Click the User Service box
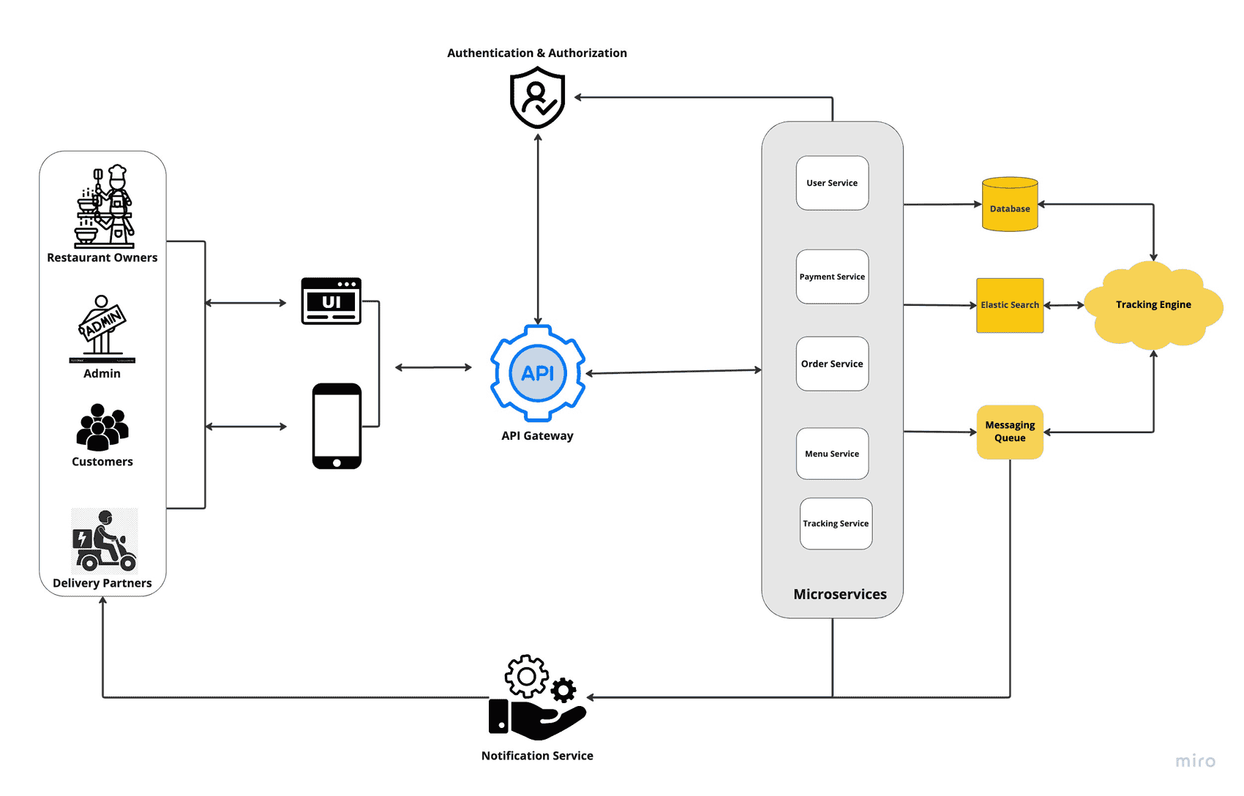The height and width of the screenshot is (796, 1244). coord(832,183)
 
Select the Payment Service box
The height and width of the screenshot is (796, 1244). coord(832,277)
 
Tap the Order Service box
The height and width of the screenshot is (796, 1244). coord(832,364)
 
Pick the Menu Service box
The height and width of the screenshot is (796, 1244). coord(832,454)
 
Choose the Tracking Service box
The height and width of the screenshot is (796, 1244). coord(836,523)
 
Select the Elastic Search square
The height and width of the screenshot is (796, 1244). coord(1010,305)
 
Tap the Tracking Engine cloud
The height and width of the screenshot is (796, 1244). coord(1153,304)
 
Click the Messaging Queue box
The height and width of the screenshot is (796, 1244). coord(1010,432)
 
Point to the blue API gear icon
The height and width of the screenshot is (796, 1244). coord(538,373)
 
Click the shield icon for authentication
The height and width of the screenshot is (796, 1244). coord(538,97)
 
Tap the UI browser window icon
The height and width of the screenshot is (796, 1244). coord(331,301)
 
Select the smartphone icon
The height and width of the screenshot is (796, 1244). coord(337,426)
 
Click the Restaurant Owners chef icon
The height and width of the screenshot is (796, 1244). coord(105,207)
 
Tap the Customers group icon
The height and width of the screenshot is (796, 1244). coord(102,427)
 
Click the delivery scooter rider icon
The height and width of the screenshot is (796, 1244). coord(105,541)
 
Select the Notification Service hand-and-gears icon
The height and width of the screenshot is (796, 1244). coord(537,699)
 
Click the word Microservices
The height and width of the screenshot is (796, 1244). coord(840,594)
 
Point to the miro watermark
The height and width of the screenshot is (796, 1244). coord(1195,761)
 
